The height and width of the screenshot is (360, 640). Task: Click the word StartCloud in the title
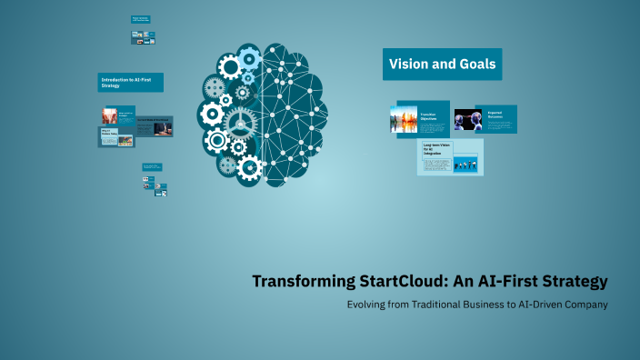coord(400,282)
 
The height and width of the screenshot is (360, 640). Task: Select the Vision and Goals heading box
coord(442,65)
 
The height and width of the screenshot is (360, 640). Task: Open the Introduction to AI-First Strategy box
coord(130,83)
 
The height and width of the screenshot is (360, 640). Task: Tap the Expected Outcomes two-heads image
coord(467,120)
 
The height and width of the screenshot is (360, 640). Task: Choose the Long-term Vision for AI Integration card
coord(450,157)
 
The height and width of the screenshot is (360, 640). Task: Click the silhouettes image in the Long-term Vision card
coord(465,165)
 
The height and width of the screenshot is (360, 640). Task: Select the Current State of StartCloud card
coord(155,125)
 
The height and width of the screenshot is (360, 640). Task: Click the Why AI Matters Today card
coord(116,136)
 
